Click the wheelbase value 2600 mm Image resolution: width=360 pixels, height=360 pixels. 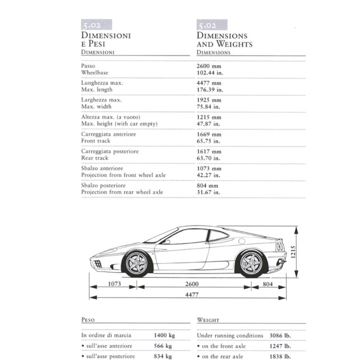(209, 66)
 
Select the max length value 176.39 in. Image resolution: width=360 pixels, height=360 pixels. (210, 89)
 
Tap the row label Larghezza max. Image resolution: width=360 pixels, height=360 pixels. (101, 100)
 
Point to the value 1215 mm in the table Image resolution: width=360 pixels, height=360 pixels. (209, 117)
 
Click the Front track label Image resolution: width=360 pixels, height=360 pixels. (96, 141)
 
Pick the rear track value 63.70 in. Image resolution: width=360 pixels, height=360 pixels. (209, 158)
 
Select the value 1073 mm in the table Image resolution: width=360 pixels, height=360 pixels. (209, 168)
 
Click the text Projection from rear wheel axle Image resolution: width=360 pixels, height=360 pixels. (122, 192)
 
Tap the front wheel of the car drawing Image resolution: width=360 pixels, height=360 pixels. (136, 264)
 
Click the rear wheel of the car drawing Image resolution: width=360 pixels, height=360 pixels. (251, 263)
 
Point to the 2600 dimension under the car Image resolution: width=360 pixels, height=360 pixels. (192, 284)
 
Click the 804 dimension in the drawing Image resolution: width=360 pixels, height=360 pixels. (268, 284)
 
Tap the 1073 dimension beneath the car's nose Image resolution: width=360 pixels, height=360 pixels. (114, 284)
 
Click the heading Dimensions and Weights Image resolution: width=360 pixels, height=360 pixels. (224, 40)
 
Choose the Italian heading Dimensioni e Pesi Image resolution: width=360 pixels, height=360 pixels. (106, 40)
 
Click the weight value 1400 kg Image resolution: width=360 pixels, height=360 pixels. (164, 335)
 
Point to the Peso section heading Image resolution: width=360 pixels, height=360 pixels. (88, 320)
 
